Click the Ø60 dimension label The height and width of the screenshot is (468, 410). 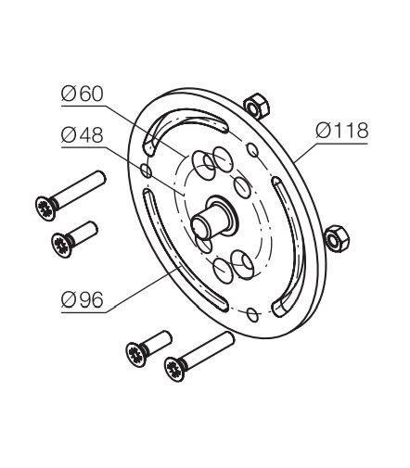coord(82,94)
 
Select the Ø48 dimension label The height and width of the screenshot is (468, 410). coord(82,135)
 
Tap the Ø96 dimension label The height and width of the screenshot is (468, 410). coord(82,300)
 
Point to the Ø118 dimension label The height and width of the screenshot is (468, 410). coord(342,131)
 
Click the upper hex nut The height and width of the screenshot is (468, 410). coord(256,105)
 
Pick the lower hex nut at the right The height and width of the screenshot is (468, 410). coord(337,238)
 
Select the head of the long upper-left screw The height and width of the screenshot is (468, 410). coord(45,209)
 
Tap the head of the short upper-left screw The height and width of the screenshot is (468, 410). coord(62,246)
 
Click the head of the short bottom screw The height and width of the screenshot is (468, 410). coord(136,355)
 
